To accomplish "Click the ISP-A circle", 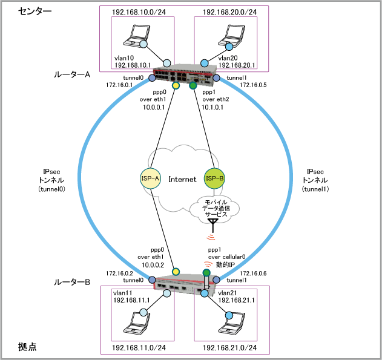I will (149, 179).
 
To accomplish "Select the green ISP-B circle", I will (214, 179).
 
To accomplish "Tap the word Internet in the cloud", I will (182, 179).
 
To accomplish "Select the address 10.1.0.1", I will (214, 106).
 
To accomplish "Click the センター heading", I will (35, 11).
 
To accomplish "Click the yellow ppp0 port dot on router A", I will (176, 86).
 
